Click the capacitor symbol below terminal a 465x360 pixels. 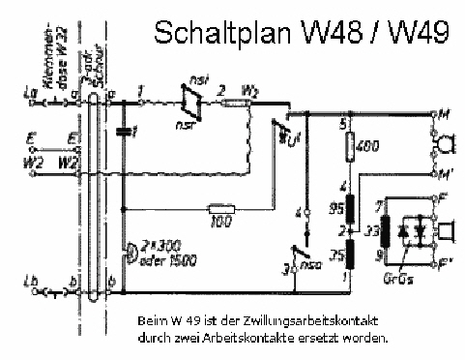pyautogui.click(x=124, y=131)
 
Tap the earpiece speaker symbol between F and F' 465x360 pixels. pyautogui.click(x=447, y=233)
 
